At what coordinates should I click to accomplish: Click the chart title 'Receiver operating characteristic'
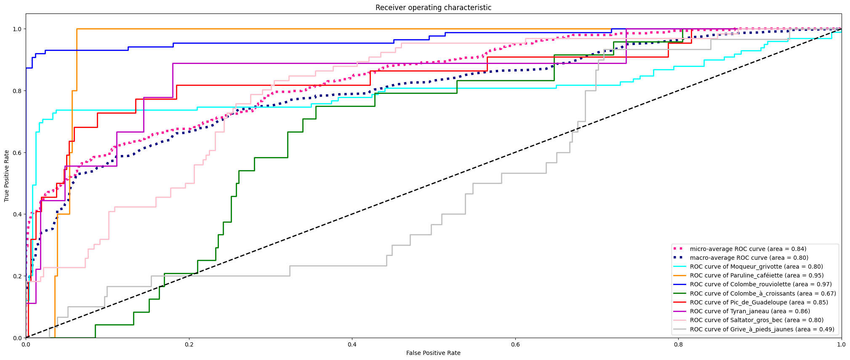click(x=433, y=8)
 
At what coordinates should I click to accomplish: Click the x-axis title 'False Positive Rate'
click(x=433, y=353)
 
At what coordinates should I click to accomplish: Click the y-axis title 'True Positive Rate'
click(x=7, y=176)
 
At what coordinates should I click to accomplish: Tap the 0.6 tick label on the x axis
click(x=515, y=344)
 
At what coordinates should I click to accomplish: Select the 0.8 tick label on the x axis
click(x=678, y=344)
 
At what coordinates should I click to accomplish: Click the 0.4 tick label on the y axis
click(x=17, y=214)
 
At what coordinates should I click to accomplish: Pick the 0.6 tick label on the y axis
click(x=17, y=152)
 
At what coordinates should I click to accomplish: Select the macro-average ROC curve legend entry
click(x=749, y=258)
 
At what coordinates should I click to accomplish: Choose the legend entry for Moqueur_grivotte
click(x=756, y=267)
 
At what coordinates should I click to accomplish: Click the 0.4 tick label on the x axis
click(x=352, y=344)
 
